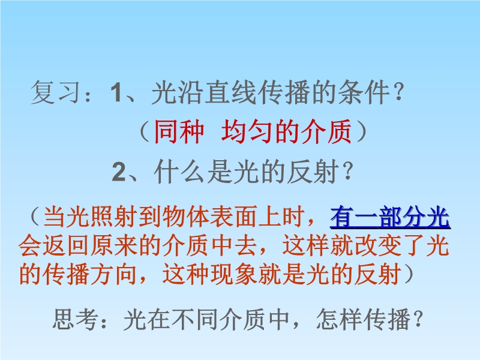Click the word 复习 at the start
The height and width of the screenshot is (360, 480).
pyautogui.click(x=56, y=92)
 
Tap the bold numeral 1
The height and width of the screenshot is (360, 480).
pyautogui.click(x=116, y=92)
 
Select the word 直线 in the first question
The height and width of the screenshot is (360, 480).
pyautogui.click(x=230, y=92)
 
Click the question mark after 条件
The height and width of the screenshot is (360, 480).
pyautogui.click(x=398, y=92)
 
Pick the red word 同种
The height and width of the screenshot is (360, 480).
pyautogui.click(x=179, y=131)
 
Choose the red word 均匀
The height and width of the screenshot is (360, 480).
pyautogui.click(x=247, y=131)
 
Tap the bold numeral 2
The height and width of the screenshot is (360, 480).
pyautogui.click(x=119, y=172)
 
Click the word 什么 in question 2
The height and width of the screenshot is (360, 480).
pyautogui.click(x=179, y=172)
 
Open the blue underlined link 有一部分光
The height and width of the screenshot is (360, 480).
pyautogui.click(x=390, y=217)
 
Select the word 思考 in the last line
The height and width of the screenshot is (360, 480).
pyautogui.click(x=76, y=319)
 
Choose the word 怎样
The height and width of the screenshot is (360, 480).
pyautogui.click(x=339, y=319)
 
